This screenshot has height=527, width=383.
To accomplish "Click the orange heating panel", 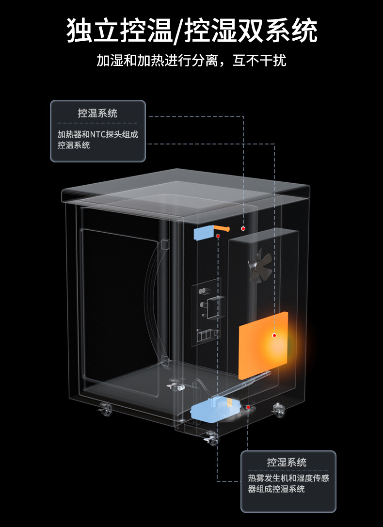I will coord(263,345).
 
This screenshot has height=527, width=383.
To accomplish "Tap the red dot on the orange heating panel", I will coord(274,335).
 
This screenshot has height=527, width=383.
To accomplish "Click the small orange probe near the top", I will coord(222,227).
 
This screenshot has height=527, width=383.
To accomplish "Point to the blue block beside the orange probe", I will coord(204,233).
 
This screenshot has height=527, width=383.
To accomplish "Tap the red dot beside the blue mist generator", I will coord(248,407).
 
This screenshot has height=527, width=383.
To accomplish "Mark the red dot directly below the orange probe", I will coord(219,236).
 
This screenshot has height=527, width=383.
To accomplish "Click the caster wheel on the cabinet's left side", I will coord(105,410).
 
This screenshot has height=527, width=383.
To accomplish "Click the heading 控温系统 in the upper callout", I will coord(97,113).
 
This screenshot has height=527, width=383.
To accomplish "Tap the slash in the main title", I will coord(179,32).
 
